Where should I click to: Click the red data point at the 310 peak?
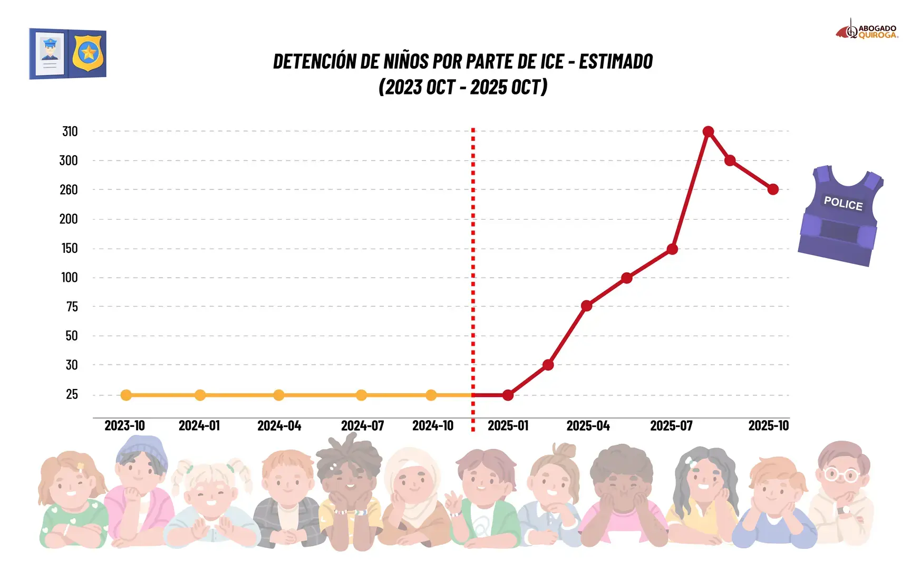(708, 131)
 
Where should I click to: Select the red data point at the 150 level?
(672, 249)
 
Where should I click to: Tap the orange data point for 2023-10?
(126, 395)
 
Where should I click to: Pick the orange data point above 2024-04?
(279, 395)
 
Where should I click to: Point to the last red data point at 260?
(773, 189)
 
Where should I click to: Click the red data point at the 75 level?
(586, 306)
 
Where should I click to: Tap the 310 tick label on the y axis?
(70, 131)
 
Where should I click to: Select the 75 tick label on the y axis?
(72, 307)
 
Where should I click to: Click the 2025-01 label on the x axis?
(508, 425)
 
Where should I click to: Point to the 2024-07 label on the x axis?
(362, 425)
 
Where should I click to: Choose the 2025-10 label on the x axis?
(768, 425)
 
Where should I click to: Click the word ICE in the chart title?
(552, 62)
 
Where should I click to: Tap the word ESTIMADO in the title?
(616, 62)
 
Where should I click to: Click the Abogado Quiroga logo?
(867, 31)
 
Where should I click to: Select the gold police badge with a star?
(88, 53)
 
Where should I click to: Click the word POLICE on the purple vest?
(843, 203)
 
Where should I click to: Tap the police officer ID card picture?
(50, 53)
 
